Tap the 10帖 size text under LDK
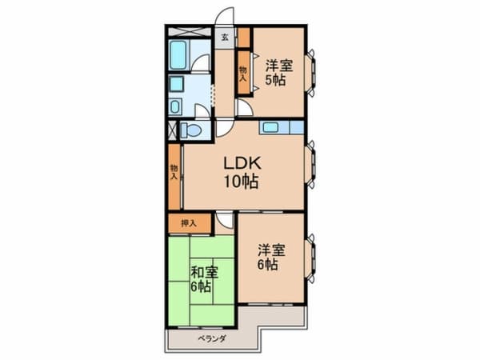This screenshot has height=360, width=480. tap(240, 182)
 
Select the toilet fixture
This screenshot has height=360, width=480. tap(191, 130)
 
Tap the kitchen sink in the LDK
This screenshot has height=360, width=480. tap(270, 126)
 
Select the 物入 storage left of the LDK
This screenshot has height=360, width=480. tap(174, 171)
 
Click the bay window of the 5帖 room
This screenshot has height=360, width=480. tap(313, 71)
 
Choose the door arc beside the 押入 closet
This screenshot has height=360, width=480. tap(225, 222)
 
